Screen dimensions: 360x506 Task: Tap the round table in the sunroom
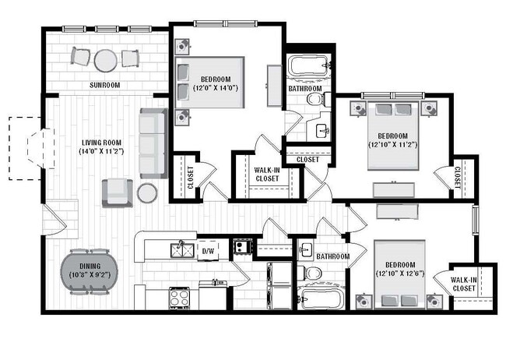tap(105, 59)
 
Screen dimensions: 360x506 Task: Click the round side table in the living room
tap(147, 192)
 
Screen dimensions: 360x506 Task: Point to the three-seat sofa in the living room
tap(152, 143)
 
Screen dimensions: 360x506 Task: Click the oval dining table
tap(88, 271)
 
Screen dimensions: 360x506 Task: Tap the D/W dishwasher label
tap(208, 251)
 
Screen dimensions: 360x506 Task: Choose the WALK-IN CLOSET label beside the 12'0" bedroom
tap(268, 175)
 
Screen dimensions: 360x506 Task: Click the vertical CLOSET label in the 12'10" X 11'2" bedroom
tap(459, 177)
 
